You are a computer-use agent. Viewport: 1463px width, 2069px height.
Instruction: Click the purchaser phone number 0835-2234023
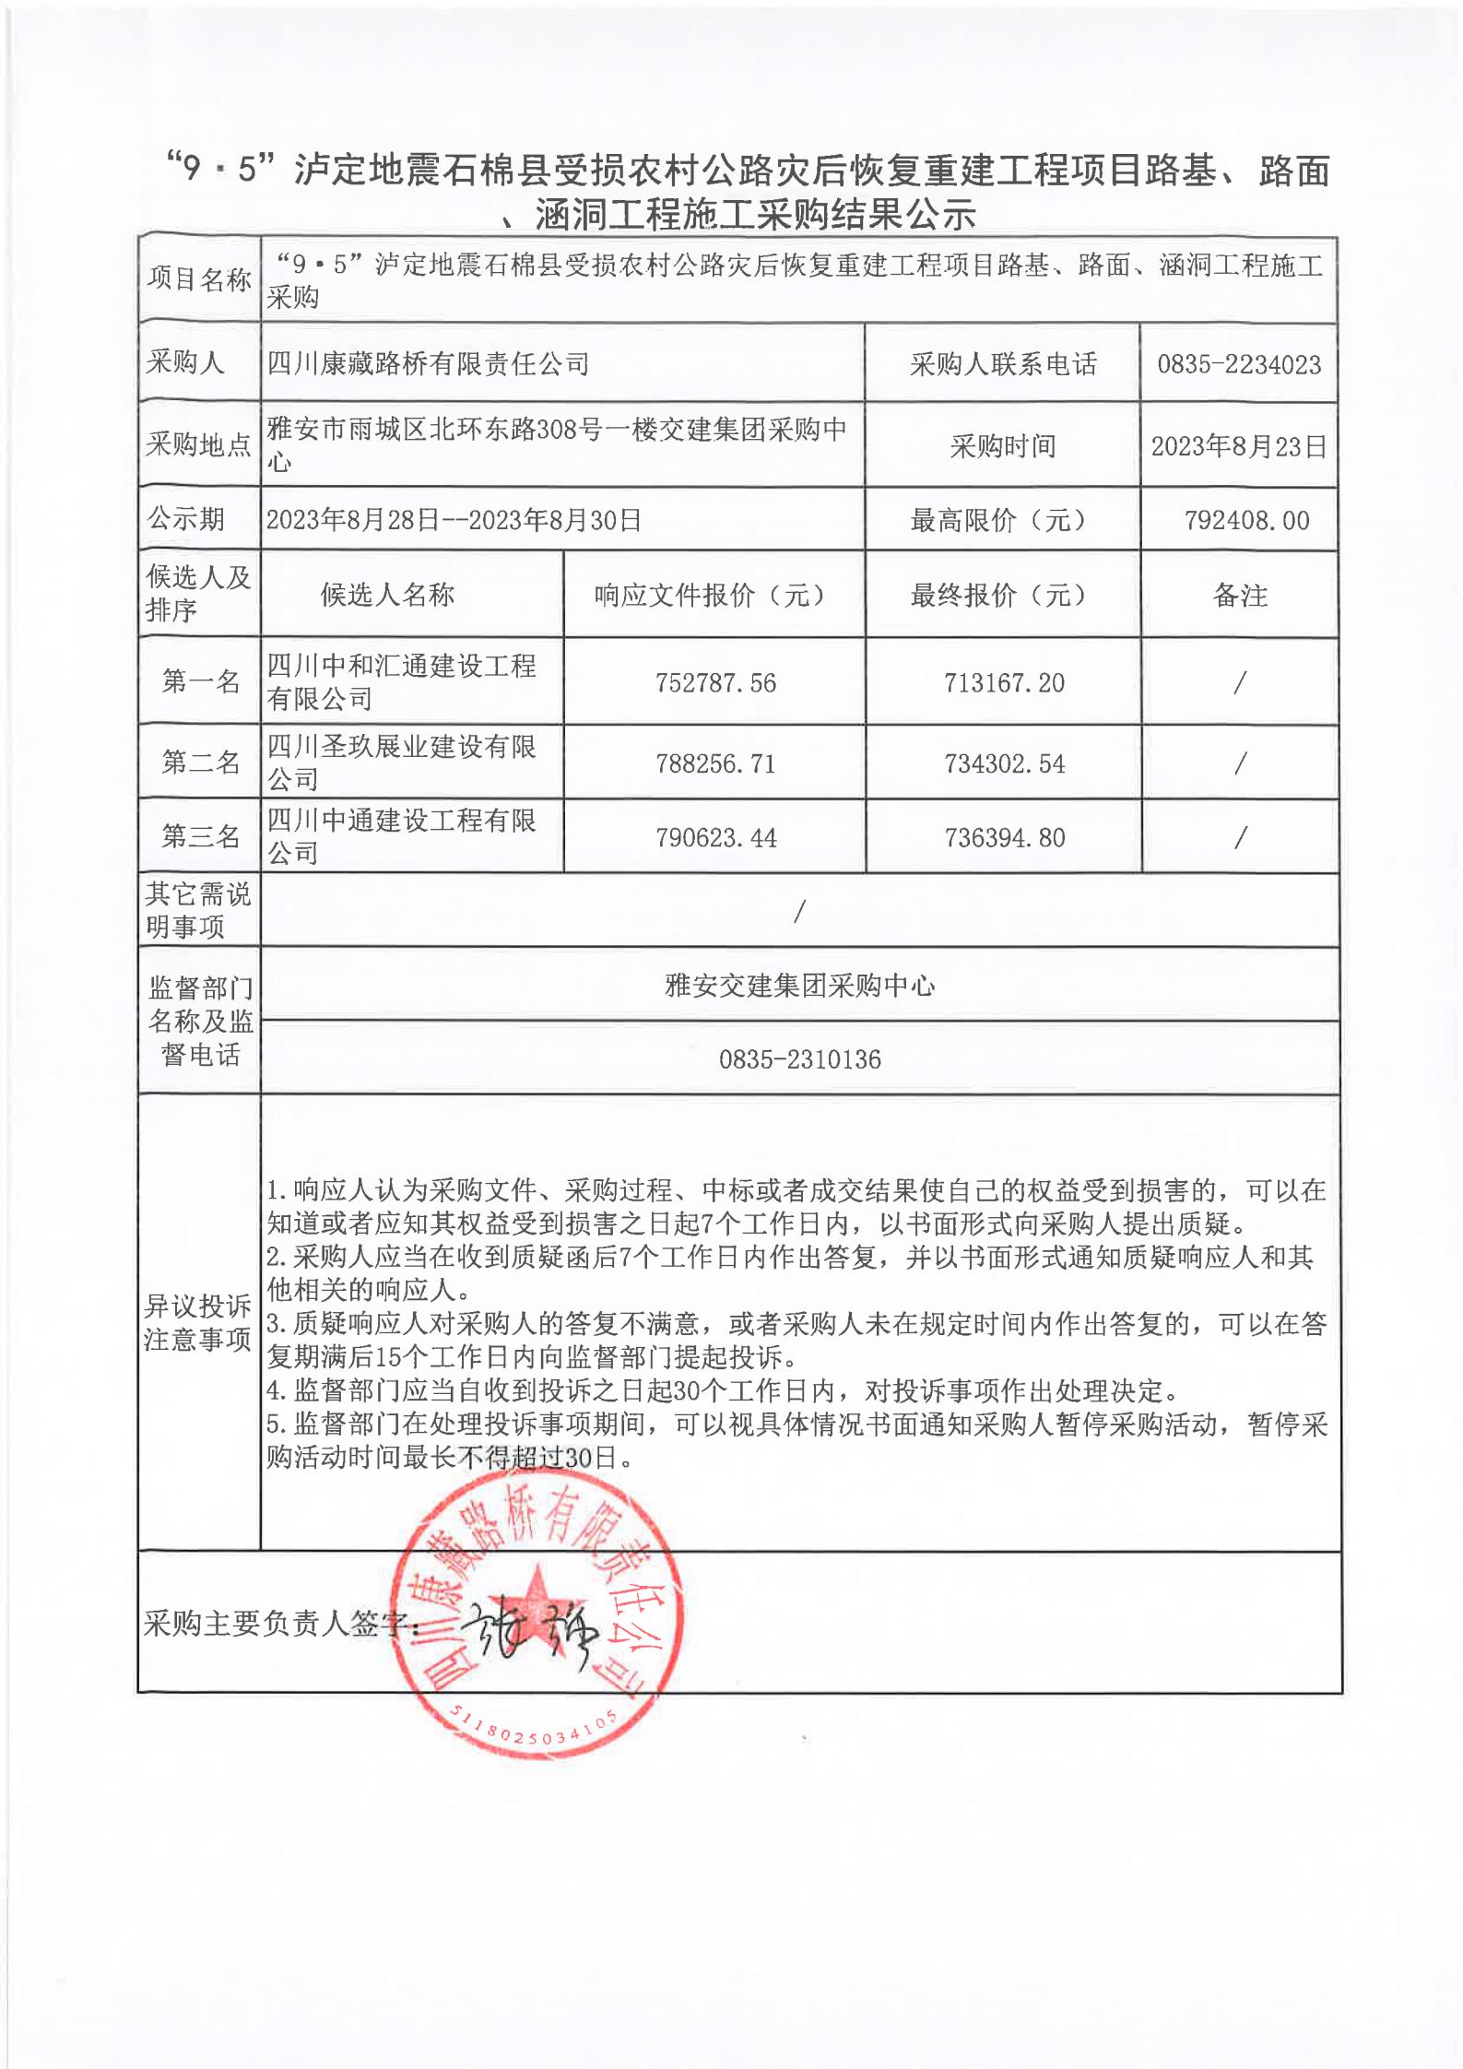(1239, 364)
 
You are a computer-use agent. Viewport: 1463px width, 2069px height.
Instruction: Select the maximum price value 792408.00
(1246, 521)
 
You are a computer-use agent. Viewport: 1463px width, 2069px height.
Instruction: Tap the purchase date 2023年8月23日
(1238, 447)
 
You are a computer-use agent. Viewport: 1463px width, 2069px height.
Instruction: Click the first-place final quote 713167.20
(1004, 683)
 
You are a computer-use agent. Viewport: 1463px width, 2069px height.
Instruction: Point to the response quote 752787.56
(715, 683)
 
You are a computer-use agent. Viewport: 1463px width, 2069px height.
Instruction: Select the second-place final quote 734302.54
(1004, 763)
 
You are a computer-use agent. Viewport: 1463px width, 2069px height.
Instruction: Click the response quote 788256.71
(715, 763)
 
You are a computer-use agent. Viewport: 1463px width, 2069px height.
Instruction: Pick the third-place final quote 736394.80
(1004, 838)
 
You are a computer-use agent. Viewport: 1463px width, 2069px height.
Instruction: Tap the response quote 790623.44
(715, 838)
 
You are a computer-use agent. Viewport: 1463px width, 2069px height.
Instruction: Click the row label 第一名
(200, 682)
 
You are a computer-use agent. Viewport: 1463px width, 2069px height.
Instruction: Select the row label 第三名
(200, 837)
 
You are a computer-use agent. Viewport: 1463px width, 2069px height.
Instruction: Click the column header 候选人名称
(387, 596)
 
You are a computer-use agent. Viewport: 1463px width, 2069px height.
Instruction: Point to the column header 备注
(1240, 596)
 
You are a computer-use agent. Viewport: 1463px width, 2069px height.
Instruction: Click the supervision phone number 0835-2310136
(799, 1059)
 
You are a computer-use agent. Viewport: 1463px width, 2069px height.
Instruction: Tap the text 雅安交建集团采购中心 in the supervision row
(799, 986)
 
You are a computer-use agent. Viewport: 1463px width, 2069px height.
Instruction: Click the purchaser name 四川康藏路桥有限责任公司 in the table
(428, 364)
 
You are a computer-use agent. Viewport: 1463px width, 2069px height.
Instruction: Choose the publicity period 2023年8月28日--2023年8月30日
(454, 521)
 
